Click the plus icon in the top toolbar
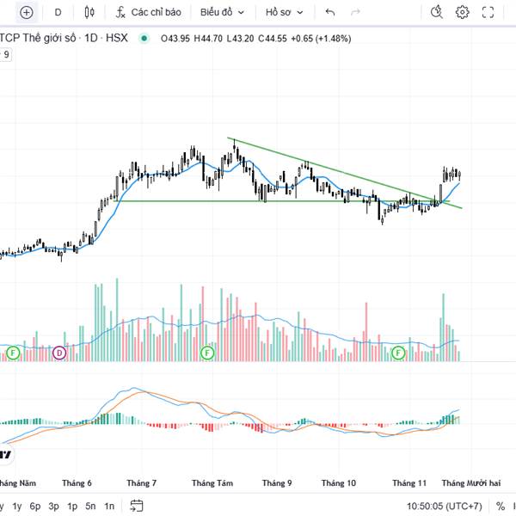tap(26, 12)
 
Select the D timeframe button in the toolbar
tap(58, 12)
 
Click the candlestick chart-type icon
tap(89, 12)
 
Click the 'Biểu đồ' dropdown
tap(222, 12)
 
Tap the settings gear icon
tap(463, 12)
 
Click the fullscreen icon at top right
tap(488, 12)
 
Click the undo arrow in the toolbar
tap(330, 12)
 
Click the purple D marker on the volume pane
tap(59, 353)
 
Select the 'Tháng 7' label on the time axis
tap(141, 483)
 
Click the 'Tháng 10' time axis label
tap(339, 483)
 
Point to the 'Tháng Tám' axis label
tap(212, 483)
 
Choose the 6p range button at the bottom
tap(35, 506)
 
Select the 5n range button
tap(90, 506)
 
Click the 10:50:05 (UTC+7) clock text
tap(444, 506)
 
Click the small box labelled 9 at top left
tap(7, 54)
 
